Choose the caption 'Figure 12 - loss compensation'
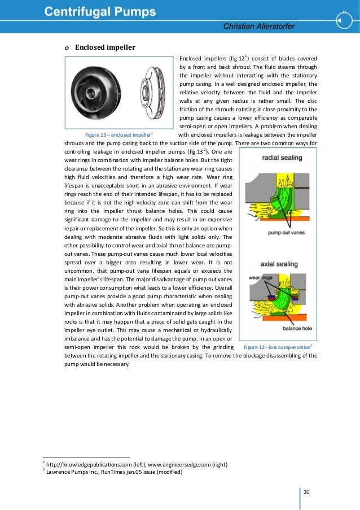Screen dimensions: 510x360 coord(276,346)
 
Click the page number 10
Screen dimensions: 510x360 coord(307,492)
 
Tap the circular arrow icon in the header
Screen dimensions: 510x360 coord(343,20)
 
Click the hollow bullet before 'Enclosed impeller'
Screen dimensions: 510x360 coord(66,48)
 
